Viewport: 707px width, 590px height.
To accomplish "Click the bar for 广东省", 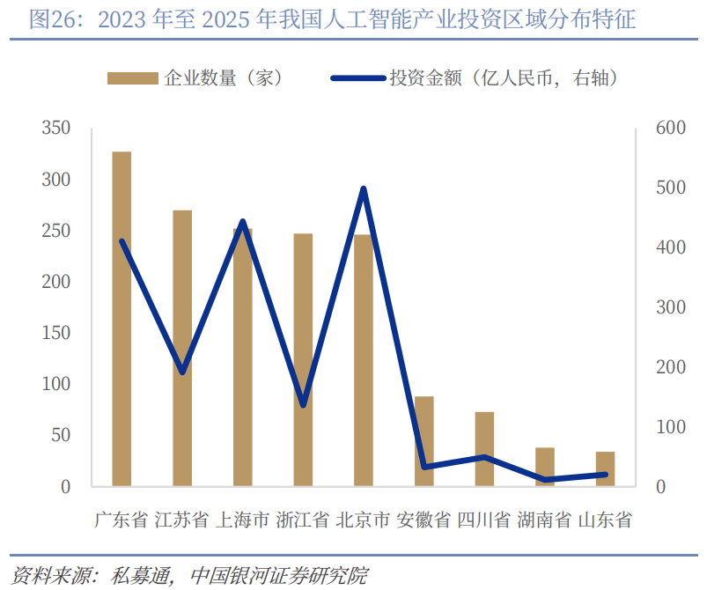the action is [122, 319].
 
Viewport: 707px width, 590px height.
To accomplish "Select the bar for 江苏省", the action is [182, 348].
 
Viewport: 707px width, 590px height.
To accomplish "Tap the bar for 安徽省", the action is [423, 441].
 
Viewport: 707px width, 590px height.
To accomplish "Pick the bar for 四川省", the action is [484, 449].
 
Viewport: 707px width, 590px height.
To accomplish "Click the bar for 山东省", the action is [605, 468].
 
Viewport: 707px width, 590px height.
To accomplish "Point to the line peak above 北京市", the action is [364, 188].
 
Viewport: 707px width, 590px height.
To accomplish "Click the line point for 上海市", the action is [243, 222].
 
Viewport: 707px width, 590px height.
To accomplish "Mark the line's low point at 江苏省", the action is [182, 372].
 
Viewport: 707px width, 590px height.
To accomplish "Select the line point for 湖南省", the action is [545, 480].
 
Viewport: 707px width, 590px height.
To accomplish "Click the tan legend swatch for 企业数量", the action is [133, 78].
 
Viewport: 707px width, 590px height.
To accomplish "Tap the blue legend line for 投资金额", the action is [358, 78].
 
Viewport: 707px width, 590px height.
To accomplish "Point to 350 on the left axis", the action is [56, 128].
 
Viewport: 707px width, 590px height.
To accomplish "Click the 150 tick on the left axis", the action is [56, 333].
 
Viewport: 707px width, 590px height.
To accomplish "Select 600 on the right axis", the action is [671, 128].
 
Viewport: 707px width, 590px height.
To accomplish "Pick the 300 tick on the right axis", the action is [671, 307].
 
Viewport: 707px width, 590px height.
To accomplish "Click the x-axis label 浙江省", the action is [303, 520].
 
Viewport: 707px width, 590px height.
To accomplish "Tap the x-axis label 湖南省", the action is [544, 520].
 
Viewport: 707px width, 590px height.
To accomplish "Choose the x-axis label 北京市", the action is [363, 520].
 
